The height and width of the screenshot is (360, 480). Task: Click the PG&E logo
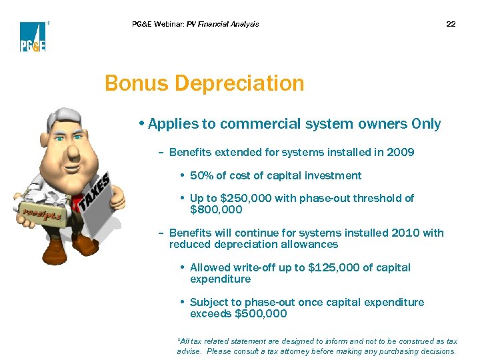pos(32,37)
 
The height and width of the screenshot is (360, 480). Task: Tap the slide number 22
pos(451,24)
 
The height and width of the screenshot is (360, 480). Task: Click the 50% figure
pos(202,176)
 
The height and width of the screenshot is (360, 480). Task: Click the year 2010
pos(407,233)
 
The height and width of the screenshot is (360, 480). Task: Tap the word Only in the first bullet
pos(426,125)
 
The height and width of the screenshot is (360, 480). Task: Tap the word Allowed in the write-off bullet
pos(211,268)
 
